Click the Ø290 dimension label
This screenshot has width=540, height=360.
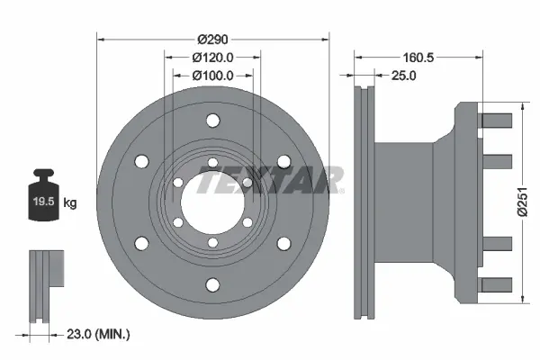click(212, 40)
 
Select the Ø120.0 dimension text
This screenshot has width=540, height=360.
click(212, 58)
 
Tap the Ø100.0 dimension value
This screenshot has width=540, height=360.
click(212, 75)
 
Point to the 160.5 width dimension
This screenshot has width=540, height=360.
click(418, 58)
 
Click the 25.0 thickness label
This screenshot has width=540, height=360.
click(403, 75)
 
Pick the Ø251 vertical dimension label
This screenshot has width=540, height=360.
click(522, 202)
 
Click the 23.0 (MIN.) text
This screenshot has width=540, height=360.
click(98, 334)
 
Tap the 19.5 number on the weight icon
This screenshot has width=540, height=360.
click(44, 202)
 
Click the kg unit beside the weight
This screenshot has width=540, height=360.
click(70, 202)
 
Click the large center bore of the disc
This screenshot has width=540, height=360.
click(212, 202)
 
